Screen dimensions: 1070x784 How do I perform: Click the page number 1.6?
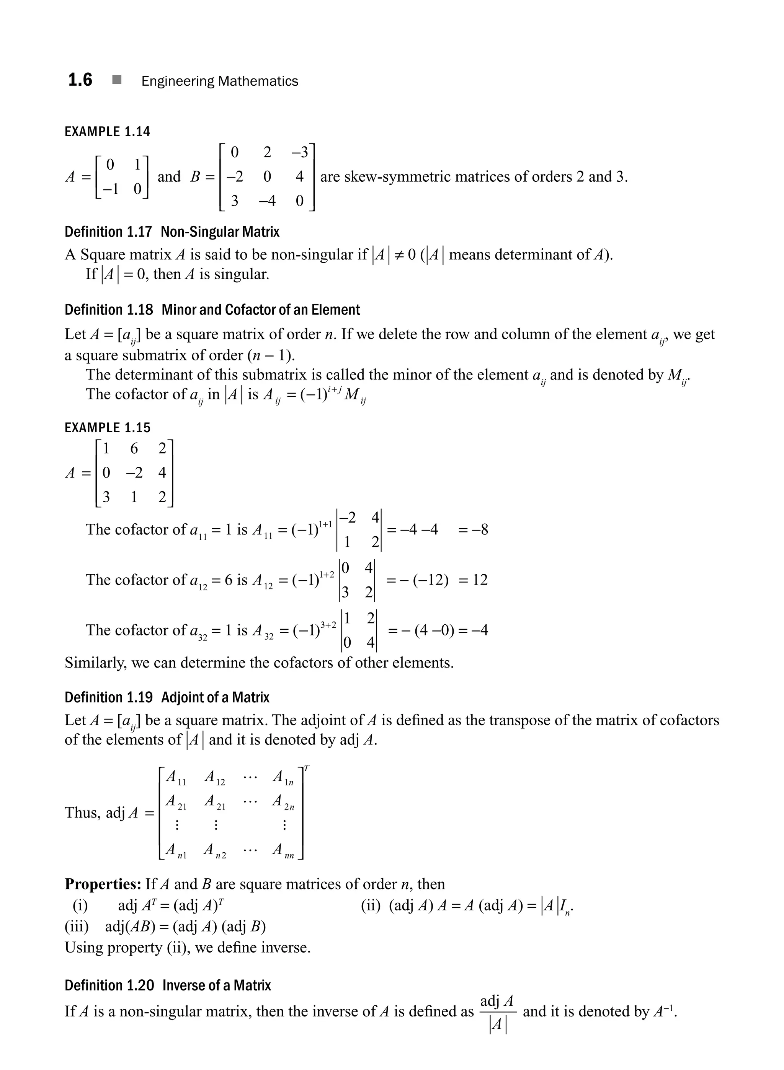pyautogui.click(x=80, y=80)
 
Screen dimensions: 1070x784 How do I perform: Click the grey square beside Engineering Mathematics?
pyautogui.click(x=117, y=80)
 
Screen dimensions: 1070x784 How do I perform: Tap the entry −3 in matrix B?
pyautogui.click(x=299, y=152)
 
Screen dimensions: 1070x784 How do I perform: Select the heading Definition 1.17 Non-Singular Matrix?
pyautogui.click(x=172, y=232)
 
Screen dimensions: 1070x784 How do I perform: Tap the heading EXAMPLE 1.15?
pyautogui.click(x=107, y=427)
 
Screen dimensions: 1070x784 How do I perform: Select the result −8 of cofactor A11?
pyautogui.click(x=479, y=529)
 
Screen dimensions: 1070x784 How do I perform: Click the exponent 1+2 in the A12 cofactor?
pyautogui.click(x=327, y=574)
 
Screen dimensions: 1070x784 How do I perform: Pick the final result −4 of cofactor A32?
pyautogui.click(x=479, y=630)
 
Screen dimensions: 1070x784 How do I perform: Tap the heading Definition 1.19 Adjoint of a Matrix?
pyautogui.click(x=167, y=698)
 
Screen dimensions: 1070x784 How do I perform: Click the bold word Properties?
pyautogui.click(x=103, y=884)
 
